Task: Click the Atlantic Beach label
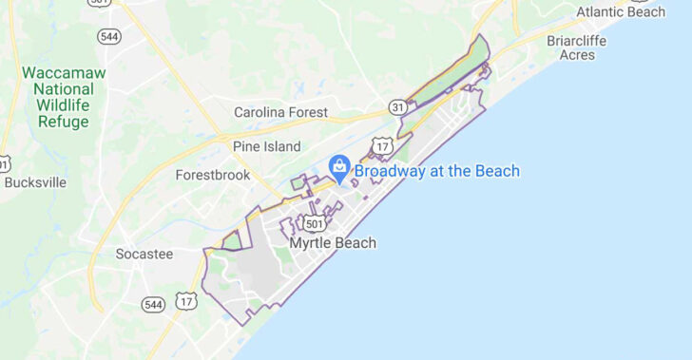tap(621, 12)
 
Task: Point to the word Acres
tap(577, 55)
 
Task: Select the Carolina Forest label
tap(280, 112)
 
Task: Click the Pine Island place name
tap(266, 146)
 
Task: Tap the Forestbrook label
tap(213, 175)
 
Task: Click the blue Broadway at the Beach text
tap(437, 171)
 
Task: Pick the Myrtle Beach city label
tap(332, 243)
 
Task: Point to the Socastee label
tap(144, 255)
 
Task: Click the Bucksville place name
tap(35, 181)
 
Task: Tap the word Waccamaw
tap(63, 73)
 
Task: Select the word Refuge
tap(64, 122)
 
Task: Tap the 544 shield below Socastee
tap(153, 304)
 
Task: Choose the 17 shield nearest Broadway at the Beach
tap(382, 145)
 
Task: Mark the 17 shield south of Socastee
tap(187, 300)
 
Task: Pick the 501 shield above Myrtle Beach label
tap(316, 223)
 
